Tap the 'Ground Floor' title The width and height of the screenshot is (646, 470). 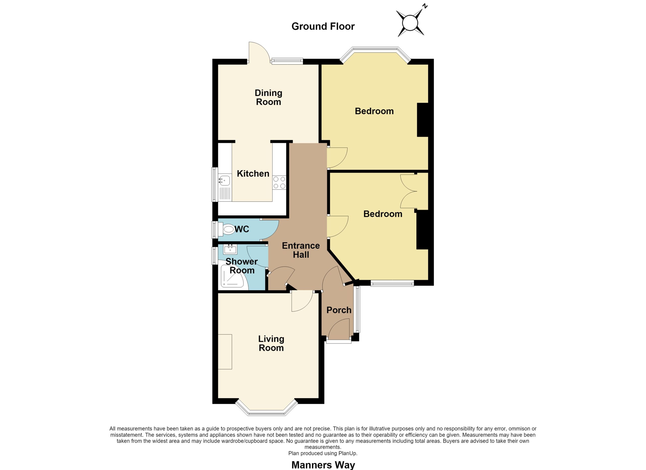pos(323,27)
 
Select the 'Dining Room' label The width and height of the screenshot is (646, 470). pos(268,97)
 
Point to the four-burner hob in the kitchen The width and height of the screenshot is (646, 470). pos(279,182)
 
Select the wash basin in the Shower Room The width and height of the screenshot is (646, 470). pos(230,249)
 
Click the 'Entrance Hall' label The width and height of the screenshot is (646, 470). pos(301,250)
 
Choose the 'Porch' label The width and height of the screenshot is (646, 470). pos(339,310)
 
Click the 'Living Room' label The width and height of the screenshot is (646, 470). pos(271,343)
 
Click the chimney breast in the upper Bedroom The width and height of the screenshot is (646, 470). pos(423,120)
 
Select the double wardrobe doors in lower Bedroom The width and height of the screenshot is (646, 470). pos(409,191)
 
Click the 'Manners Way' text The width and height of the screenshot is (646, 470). pos(323,465)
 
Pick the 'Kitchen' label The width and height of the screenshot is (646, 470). pos(253,173)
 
